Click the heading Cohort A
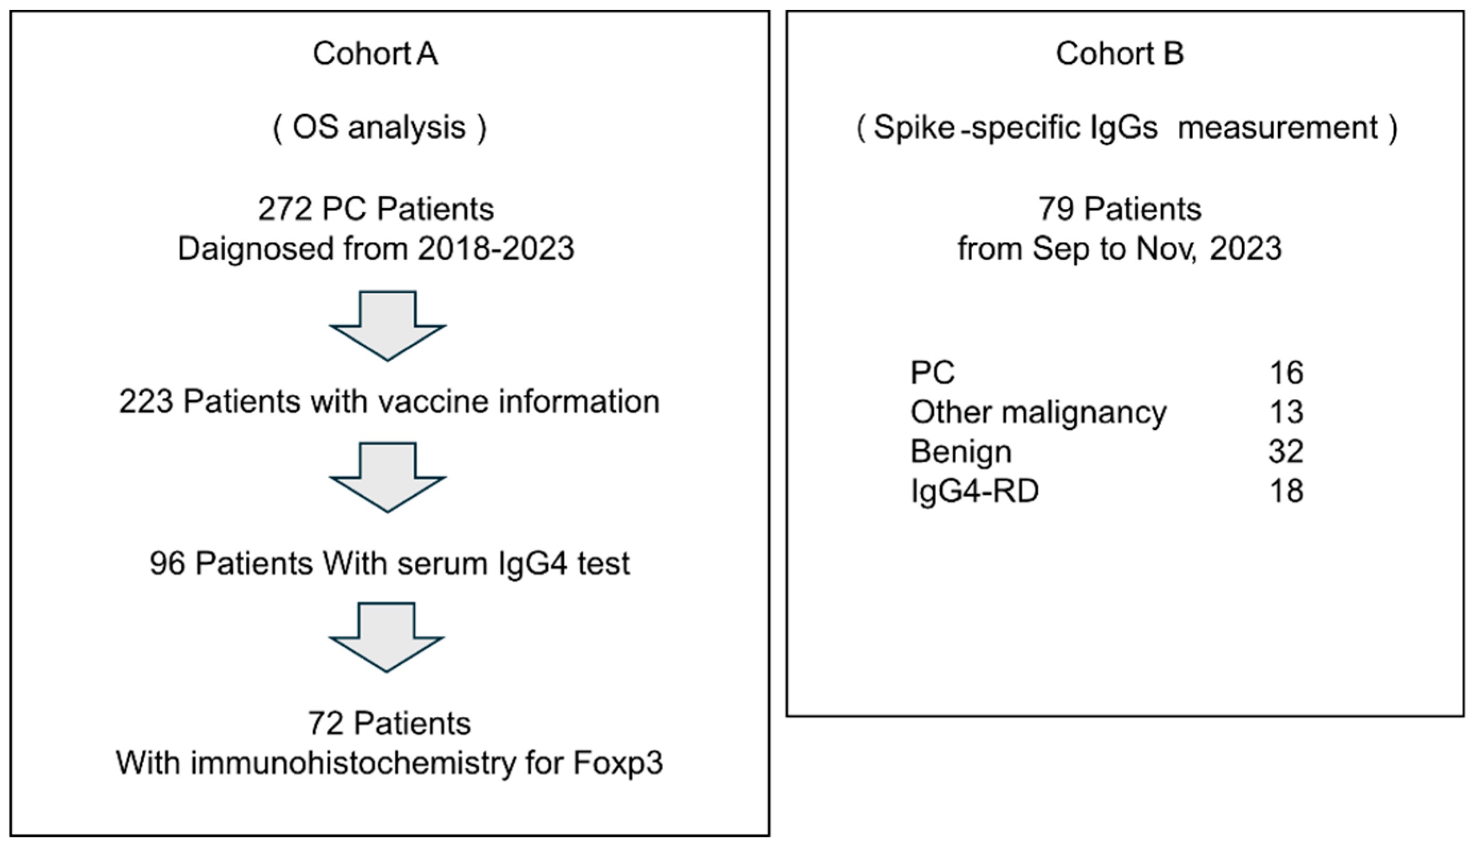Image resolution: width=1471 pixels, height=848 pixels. click(x=375, y=54)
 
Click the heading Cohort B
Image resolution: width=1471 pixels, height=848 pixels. click(x=1119, y=54)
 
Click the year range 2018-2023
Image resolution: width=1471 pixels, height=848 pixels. click(x=496, y=249)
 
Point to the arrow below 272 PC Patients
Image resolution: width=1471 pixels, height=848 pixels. click(x=388, y=326)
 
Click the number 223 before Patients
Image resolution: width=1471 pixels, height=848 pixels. click(x=146, y=402)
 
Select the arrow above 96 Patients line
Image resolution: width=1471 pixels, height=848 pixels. click(x=388, y=477)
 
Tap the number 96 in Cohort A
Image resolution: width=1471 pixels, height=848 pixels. click(x=167, y=564)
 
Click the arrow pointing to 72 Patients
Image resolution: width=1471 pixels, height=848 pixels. click(x=387, y=637)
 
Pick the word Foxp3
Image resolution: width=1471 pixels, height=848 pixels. click(x=618, y=762)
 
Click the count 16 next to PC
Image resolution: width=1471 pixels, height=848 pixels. click(x=1286, y=373)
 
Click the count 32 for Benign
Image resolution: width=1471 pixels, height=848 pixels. click(x=1286, y=452)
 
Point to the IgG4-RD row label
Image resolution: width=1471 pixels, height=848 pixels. click(x=974, y=491)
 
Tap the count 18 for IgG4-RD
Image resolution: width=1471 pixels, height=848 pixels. click(x=1286, y=491)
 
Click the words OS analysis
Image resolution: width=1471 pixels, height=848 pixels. click(x=379, y=128)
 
